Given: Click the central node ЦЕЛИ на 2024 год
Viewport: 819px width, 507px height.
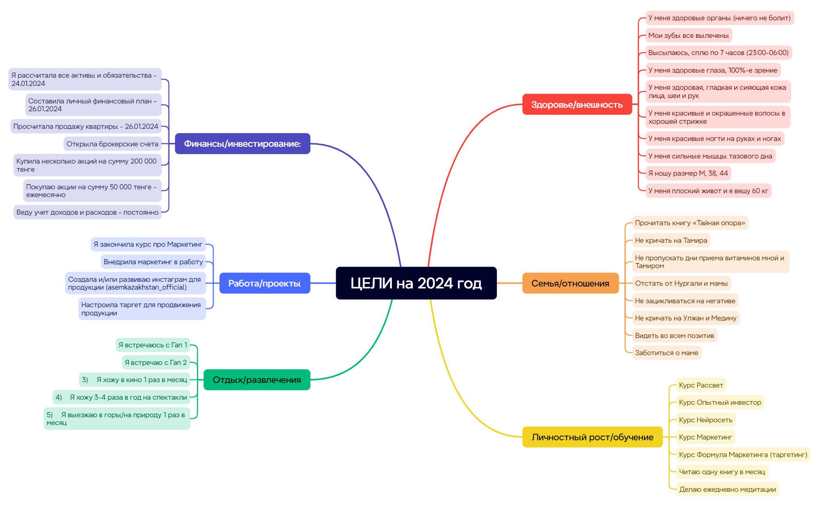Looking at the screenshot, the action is [x=416, y=283].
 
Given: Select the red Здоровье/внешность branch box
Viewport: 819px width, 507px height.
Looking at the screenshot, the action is [x=577, y=104].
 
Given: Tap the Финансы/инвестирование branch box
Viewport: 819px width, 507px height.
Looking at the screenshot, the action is [x=243, y=144].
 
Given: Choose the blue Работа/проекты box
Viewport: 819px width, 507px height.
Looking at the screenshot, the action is [x=264, y=283].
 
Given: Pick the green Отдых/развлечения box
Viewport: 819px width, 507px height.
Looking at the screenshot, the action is [x=257, y=379].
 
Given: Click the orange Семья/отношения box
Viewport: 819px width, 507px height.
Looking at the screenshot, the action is [x=570, y=283].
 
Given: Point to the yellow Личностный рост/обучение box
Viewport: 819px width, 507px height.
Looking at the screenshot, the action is [x=592, y=437].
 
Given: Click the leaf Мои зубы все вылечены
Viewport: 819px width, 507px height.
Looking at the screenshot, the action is [x=688, y=36].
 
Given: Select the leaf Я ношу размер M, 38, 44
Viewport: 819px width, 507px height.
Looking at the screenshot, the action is [x=688, y=173].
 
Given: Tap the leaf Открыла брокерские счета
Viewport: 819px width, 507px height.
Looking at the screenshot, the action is [x=112, y=144].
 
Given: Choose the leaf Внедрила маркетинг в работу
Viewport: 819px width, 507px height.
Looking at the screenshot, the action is [x=153, y=262].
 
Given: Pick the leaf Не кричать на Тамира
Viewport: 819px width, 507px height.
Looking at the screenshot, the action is [x=671, y=240].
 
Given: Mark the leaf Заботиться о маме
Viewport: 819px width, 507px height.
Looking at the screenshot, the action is [x=667, y=353].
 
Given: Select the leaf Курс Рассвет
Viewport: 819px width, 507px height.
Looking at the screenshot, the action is [x=701, y=385].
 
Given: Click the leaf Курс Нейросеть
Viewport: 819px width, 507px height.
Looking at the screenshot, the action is [x=706, y=420].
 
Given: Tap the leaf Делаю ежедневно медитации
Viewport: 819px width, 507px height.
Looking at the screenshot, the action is [x=727, y=489].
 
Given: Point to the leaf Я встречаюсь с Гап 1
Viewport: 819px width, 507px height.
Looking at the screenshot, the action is [x=153, y=345].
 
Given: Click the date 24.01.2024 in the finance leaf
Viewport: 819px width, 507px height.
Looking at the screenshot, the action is [x=28, y=84].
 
